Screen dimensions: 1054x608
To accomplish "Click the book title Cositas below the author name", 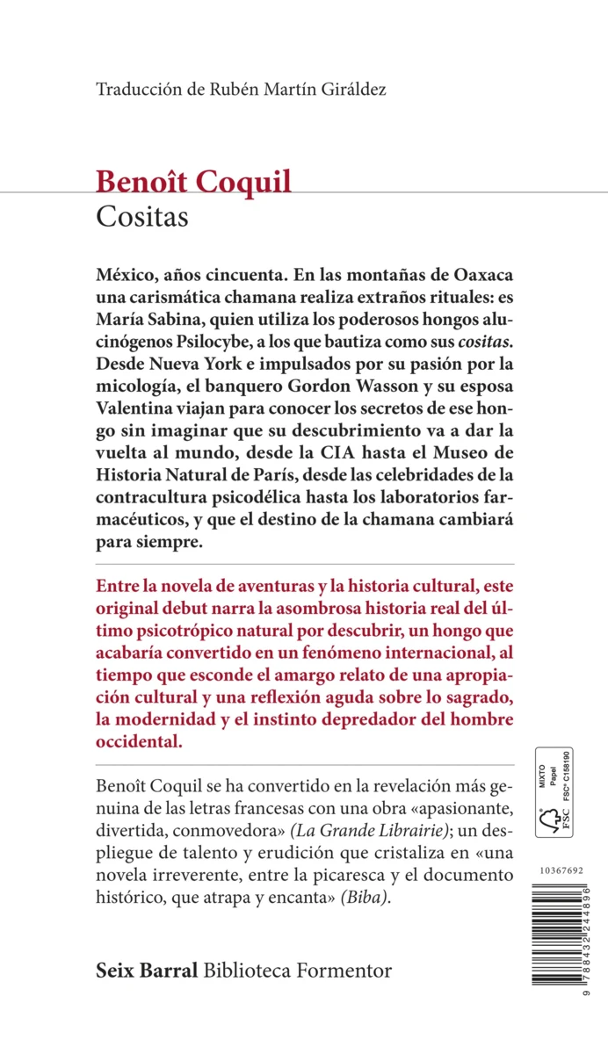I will [x=142, y=217].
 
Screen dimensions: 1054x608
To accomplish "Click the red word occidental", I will [x=139, y=740].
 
